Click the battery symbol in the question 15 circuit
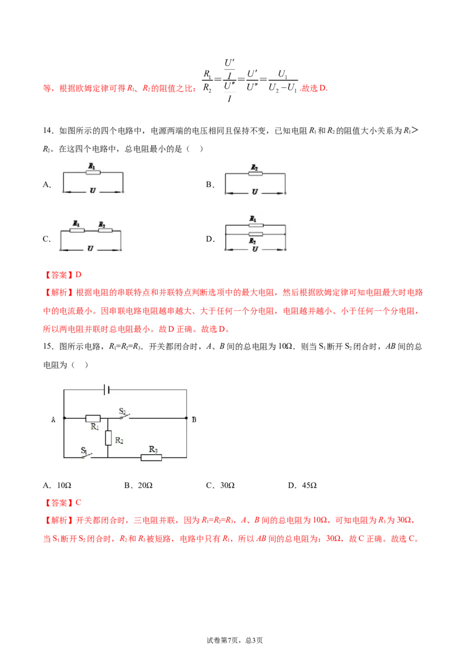point(107,389)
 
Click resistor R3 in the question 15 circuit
point(151,458)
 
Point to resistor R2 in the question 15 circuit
point(108,438)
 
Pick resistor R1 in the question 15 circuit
point(93,418)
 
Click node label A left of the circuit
point(53,419)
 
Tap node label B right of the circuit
point(194,419)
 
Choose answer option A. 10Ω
point(57,485)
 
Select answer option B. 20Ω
point(138,485)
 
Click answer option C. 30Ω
point(220,485)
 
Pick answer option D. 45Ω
point(303,485)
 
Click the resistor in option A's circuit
point(93,172)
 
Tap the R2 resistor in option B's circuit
point(255,173)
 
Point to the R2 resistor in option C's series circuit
point(105,231)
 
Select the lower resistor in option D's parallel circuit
point(256,234)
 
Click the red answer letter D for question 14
point(79,275)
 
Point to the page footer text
point(235,641)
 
